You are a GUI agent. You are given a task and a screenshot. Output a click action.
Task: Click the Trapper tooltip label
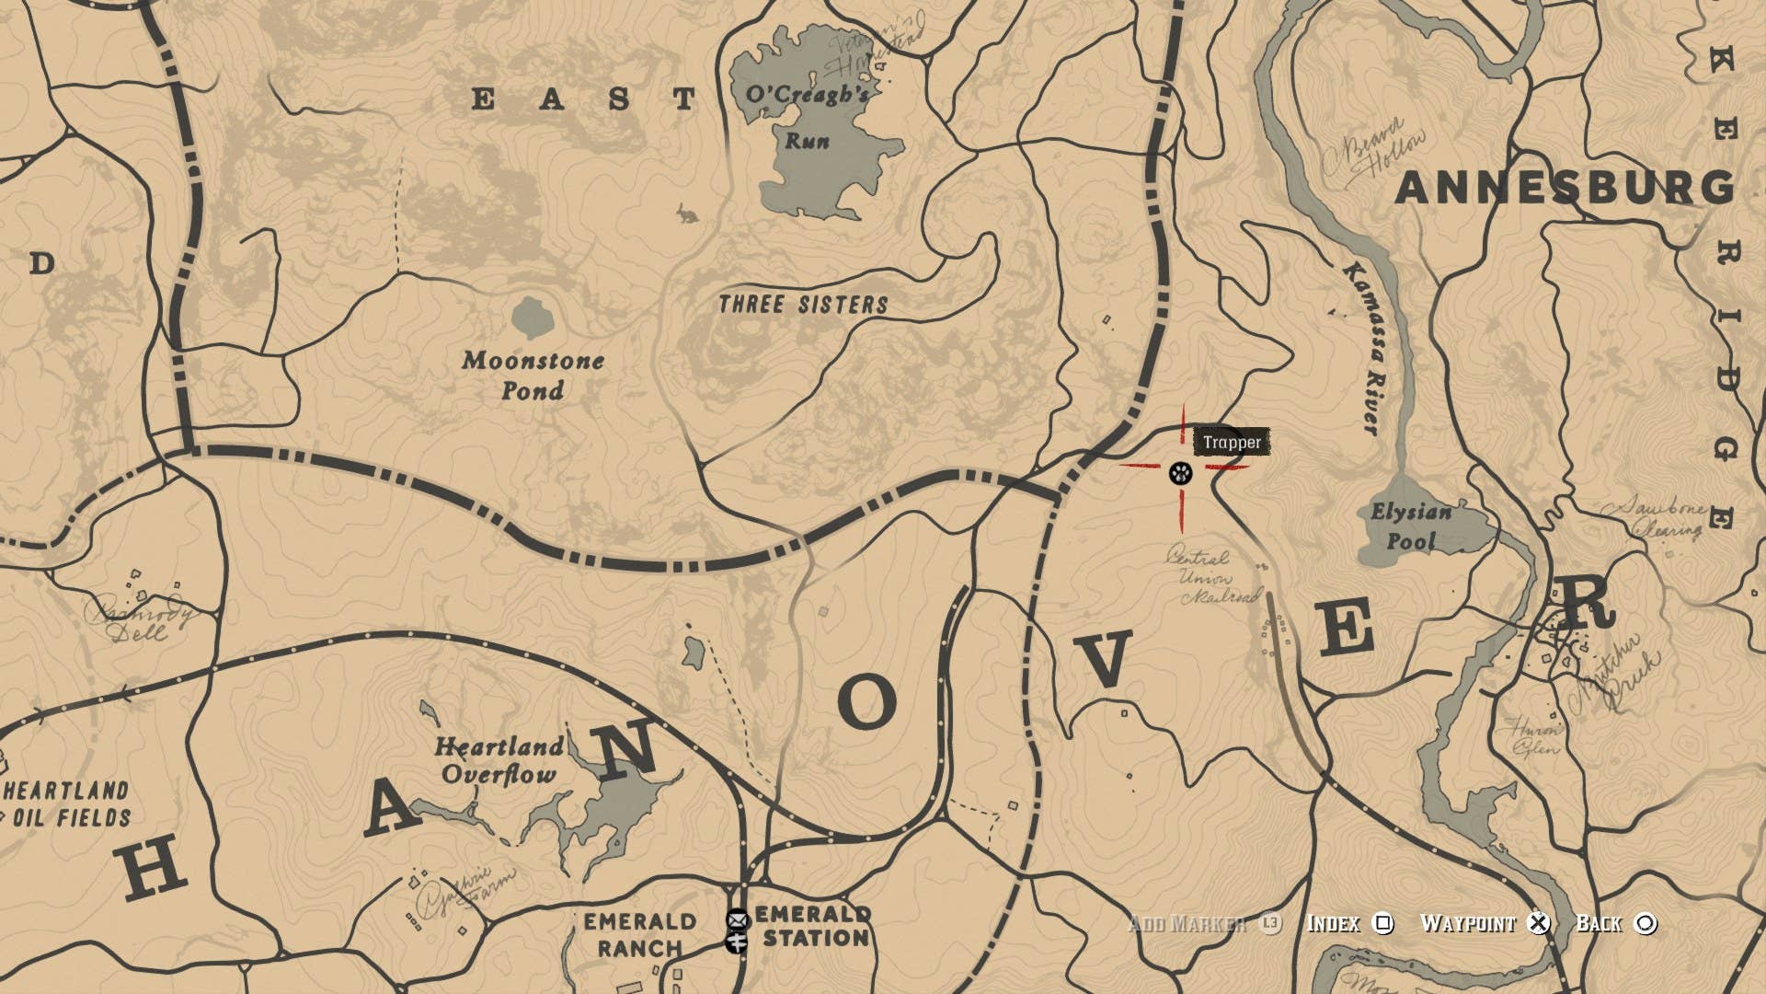1232,443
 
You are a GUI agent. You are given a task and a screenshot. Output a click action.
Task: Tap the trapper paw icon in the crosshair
1180,473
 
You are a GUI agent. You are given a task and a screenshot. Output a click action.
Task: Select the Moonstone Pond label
533,375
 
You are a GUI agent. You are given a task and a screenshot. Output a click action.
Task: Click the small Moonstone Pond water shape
533,318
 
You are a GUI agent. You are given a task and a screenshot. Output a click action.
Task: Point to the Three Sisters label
803,305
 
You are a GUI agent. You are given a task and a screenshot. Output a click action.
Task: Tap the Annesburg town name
1564,189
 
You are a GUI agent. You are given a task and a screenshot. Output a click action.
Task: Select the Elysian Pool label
1411,526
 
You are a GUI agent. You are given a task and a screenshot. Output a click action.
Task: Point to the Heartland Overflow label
499,759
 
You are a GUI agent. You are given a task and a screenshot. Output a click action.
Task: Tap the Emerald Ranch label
639,934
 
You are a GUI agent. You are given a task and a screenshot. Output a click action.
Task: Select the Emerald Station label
813,926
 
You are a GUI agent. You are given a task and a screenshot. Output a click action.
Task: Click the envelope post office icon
737,919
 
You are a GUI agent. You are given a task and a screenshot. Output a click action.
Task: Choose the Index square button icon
1383,923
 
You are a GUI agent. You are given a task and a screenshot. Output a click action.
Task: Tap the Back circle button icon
1646,923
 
